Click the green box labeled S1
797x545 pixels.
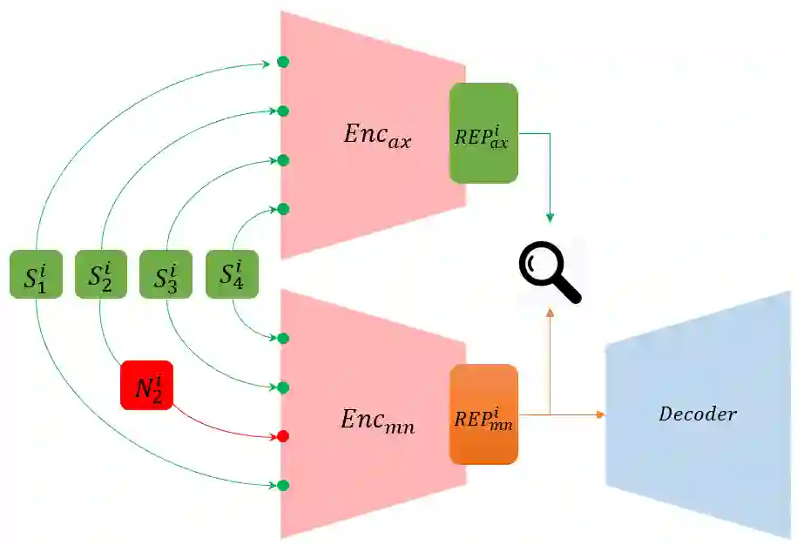click(x=35, y=274)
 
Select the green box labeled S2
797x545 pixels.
click(x=101, y=274)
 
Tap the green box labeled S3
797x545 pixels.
click(x=165, y=274)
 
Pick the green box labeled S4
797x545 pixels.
click(x=232, y=274)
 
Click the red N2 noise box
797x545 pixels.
click(x=147, y=385)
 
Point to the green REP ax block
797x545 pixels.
click(x=483, y=133)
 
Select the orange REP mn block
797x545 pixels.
click(x=483, y=414)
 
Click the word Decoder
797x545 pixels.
click(x=698, y=414)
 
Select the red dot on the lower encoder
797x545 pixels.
click(x=282, y=435)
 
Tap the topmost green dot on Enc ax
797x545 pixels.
click(x=282, y=62)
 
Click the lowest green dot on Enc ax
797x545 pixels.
click(x=282, y=209)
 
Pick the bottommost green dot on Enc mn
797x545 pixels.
click(x=282, y=485)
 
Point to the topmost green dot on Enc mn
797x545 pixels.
click(x=282, y=338)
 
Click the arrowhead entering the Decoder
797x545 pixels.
click(x=600, y=414)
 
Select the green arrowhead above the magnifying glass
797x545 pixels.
click(x=550, y=217)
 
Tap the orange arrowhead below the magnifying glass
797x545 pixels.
click(x=550, y=312)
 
